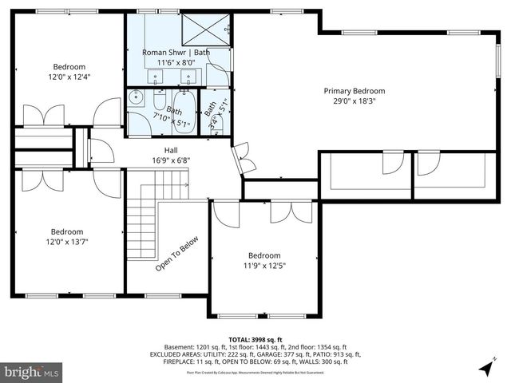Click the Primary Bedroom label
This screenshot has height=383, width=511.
tap(354, 91)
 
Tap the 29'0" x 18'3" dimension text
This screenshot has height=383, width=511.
tap(354, 102)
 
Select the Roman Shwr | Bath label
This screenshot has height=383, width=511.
tap(176, 52)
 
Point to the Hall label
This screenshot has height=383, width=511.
tap(171, 149)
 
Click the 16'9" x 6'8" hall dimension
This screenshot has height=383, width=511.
tap(171, 160)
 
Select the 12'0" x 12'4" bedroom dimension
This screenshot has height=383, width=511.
tap(69, 77)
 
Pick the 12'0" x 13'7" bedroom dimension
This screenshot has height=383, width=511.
tap(69, 243)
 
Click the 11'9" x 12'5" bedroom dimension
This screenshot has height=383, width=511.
tap(264, 266)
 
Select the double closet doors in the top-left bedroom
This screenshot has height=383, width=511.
tap(44, 115)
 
